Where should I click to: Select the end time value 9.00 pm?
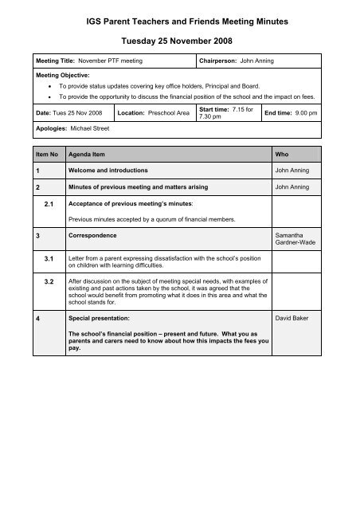[303, 114]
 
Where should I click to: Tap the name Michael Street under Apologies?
[89, 128]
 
